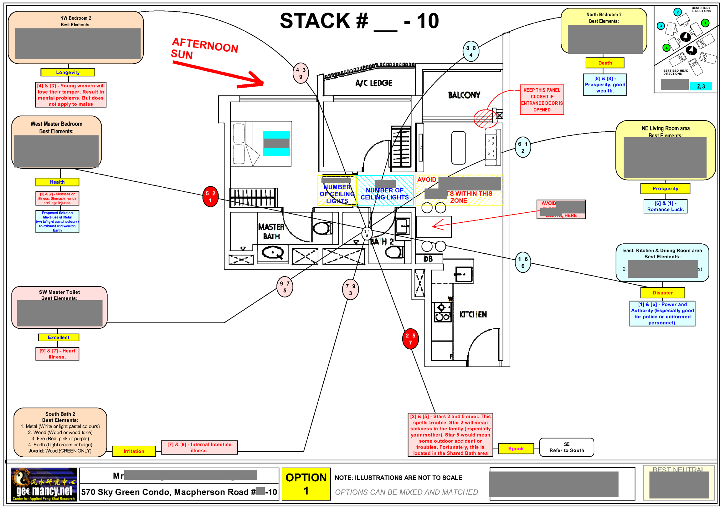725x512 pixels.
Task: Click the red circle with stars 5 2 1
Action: click(210, 196)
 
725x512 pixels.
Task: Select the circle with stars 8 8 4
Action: click(471, 51)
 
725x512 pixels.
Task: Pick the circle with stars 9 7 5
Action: click(285, 287)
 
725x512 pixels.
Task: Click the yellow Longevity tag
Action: click(68, 72)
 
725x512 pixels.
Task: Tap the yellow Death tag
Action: click(605, 63)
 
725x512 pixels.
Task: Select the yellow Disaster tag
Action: click(662, 293)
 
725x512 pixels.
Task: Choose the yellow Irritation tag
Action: click(134, 451)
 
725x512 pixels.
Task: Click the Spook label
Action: click(516, 448)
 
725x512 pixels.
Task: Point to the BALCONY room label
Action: click(464, 95)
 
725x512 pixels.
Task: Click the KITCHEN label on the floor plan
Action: click(473, 315)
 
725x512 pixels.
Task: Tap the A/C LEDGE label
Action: click(373, 83)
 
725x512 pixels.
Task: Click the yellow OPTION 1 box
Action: click(306, 484)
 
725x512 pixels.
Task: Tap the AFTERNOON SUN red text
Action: click(204, 49)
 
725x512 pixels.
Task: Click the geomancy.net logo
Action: click(44, 484)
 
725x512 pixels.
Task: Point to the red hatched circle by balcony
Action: click(485, 118)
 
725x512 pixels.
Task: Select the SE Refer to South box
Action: click(567, 447)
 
